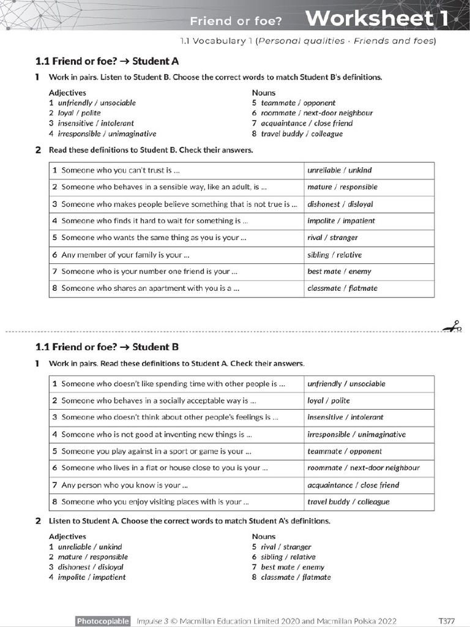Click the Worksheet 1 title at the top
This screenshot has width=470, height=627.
[x=376, y=19]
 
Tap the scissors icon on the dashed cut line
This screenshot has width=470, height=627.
[x=453, y=327]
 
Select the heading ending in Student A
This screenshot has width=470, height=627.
[x=107, y=61]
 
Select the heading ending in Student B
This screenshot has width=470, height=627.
[x=107, y=347]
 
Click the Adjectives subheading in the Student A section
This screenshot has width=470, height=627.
[x=67, y=92]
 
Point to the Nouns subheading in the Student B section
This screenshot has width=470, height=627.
[x=264, y=536]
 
